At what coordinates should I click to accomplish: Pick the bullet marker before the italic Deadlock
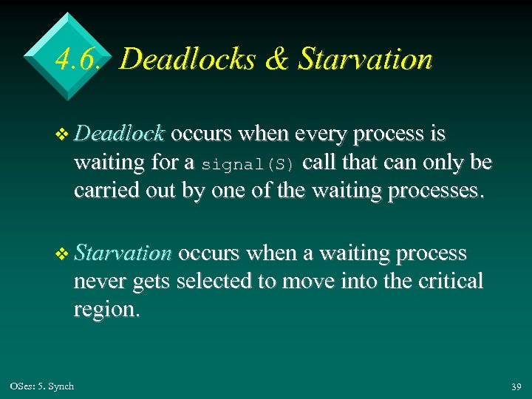[64, 134]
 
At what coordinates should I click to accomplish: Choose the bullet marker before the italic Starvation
[64, 254]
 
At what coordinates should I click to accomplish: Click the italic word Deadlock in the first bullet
[119, 134]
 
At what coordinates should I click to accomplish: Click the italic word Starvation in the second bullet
[123, 253]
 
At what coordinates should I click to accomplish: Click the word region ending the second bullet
[106, 310]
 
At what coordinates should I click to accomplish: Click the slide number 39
[515, 387]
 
